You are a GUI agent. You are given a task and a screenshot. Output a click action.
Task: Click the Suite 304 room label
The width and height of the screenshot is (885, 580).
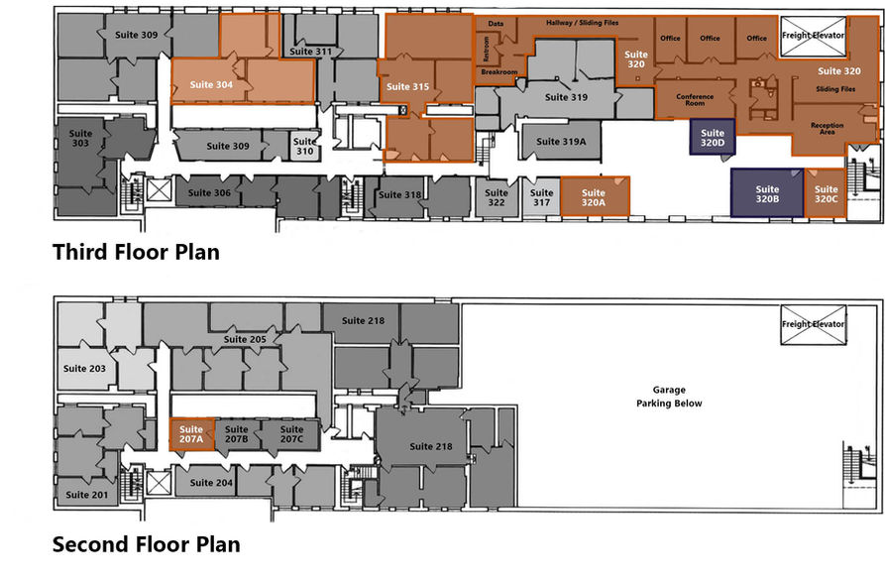click(x=211, y=84)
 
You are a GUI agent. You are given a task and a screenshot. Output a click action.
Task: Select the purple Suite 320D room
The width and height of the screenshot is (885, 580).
click(x=713, y=137)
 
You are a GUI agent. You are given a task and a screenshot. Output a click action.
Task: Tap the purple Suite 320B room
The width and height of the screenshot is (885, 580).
click(x=767, y=192)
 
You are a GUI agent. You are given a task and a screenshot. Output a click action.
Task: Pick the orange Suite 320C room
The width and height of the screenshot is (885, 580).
click(x=826, y=193)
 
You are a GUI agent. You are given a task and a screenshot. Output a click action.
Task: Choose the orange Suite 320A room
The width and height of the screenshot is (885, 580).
click(x=595, y=196)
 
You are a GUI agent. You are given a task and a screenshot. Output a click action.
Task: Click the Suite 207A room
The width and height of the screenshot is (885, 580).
click(x=192, y=434)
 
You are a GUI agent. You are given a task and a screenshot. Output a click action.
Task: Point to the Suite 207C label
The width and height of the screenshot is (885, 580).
click(x=291, y=434)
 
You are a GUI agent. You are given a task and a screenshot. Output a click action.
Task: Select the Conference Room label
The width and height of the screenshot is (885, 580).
click(x=695, y=100)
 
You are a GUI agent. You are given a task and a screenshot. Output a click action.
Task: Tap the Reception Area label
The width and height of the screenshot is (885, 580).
click(x=827, y=129)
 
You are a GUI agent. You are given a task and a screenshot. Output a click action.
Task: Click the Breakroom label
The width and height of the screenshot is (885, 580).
click(x=498, y=72)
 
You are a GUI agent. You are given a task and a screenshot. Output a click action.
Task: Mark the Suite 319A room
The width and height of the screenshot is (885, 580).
click(x=561, y=141)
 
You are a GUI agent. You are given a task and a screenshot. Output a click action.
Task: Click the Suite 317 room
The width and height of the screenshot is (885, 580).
click(x=541, y=197)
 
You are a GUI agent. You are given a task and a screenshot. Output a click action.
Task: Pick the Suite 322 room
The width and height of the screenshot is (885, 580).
click(x=497, y=197)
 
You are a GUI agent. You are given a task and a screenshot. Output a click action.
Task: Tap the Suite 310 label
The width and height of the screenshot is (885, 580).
click(x=305, y=147)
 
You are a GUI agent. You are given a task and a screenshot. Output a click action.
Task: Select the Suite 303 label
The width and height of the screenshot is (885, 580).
click(x=80, y=139)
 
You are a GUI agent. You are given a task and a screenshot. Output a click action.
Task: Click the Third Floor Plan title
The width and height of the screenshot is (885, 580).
click(x=136, y=252)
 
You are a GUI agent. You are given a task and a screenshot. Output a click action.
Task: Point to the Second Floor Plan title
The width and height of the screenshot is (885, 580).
click(x=147, y=544)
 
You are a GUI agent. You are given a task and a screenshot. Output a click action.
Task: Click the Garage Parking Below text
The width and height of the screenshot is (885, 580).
click(x=669, y=397)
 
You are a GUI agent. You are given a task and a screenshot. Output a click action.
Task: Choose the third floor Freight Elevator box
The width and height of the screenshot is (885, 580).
click(x=814, y=37)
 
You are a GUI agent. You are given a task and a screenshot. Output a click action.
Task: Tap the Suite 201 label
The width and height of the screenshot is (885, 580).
click(x=86, y=495)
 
